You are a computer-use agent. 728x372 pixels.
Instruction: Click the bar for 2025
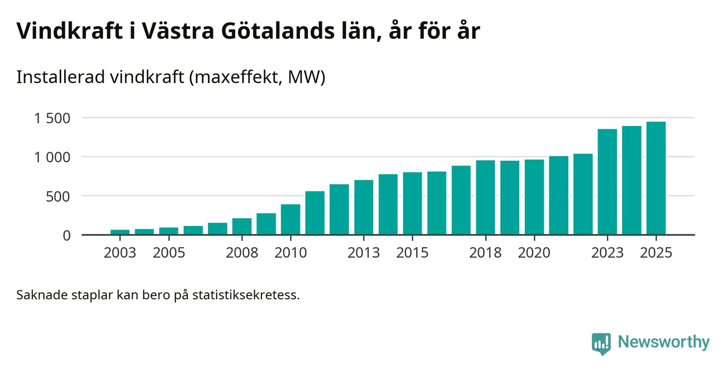coord(656,179)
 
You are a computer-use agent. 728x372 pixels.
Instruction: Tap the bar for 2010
coord(291,220)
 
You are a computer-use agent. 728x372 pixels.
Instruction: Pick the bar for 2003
coord(120,232)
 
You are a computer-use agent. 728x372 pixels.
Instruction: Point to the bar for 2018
coord(486,198)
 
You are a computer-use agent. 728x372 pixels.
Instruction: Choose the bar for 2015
coord(412,204)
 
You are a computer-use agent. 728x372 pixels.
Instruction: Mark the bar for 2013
coord(364,207)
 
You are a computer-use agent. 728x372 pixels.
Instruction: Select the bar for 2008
coord(242,226)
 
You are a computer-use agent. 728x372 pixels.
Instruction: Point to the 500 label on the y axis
coord(60,196)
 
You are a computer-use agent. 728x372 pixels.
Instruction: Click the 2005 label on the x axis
coord(169,253)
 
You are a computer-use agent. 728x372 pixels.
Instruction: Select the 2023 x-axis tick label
coord(607,253)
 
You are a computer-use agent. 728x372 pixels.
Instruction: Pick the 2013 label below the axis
coord(364,253)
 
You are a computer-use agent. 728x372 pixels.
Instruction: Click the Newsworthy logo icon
coord(601,343)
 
